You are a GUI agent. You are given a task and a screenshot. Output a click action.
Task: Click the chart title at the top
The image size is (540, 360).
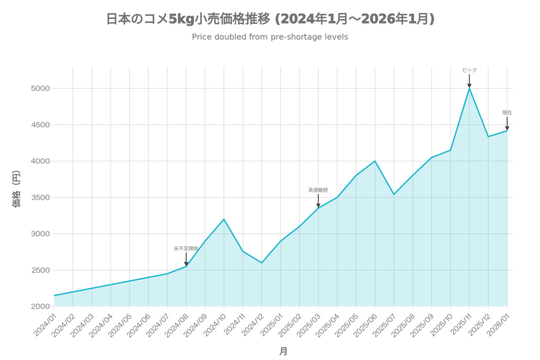pyautogui.click(x=270, y=20)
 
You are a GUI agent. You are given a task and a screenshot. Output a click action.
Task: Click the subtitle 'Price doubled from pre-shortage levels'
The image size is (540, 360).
pyautogui.click(x=269, y=37)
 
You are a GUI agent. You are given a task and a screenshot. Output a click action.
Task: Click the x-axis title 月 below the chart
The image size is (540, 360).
pyautogui.click(x=283, y=351)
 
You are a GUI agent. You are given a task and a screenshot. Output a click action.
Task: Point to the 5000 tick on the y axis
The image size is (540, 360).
pyautogui.click(x=42, y=89)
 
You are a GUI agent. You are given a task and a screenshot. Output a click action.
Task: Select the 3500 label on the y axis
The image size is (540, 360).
pyautogui.click(x=42, y=198)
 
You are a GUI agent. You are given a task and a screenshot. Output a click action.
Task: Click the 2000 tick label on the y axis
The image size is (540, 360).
pyautogui.click(x=42, y=306)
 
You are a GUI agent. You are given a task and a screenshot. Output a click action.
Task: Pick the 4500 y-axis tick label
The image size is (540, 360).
pyautogui.click(x=42, y=125)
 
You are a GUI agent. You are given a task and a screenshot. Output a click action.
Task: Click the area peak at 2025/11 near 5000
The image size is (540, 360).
pyautogui.click(x=469, y=89)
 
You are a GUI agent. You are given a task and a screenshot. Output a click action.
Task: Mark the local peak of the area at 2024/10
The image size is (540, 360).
pyautogui.click(x=224, y=218)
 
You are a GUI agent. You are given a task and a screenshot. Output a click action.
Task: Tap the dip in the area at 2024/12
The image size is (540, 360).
pyautogui.click(x=262, y=261)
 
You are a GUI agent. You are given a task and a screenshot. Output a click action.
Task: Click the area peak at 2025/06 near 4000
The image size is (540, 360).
pyautogui.click(x=375, y=160)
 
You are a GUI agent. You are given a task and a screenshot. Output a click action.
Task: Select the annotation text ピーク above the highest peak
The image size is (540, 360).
pyautogui.click(x=469, y=70)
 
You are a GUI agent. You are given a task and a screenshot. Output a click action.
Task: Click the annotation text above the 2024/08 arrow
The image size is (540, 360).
pyautogui.click(x=186, y=248)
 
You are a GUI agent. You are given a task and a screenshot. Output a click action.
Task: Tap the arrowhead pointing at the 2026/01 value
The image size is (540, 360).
pyautogui.click(x=507, y=128)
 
